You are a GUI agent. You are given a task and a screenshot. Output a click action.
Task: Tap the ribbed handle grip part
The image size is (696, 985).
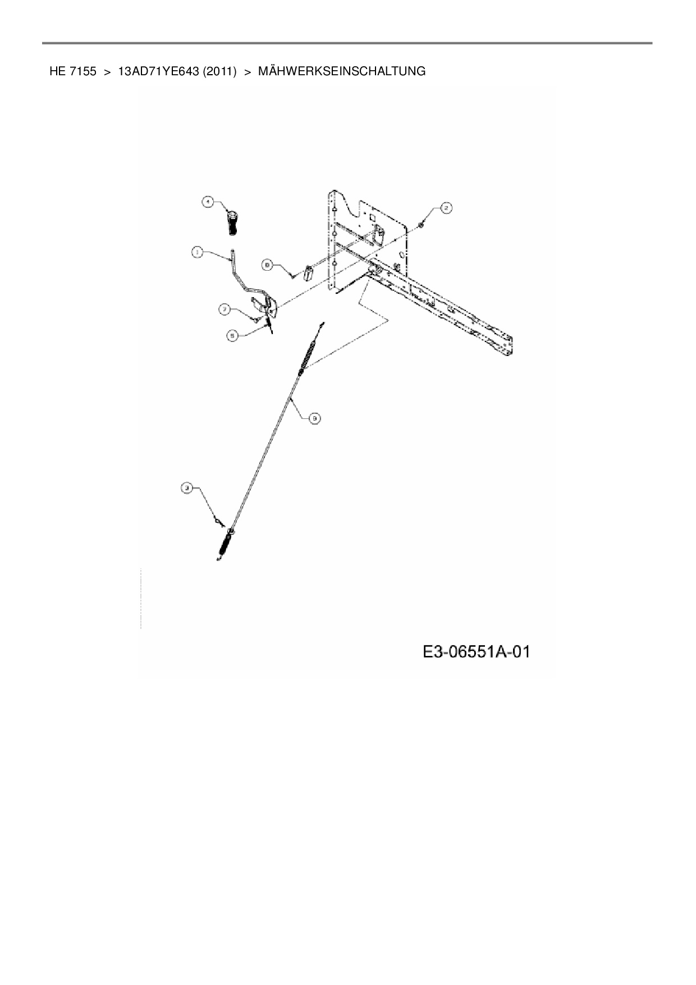click(x=232, y=224)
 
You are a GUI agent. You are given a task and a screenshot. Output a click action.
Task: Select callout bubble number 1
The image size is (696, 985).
click(x=196, y=253)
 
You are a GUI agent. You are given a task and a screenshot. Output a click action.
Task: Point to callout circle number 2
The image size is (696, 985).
click(x=446, y=208)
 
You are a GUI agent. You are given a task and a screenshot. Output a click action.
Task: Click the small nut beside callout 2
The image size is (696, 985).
click(x=420, y=226)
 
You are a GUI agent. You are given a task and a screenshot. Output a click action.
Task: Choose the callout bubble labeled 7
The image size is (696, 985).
click(x=225, y=308)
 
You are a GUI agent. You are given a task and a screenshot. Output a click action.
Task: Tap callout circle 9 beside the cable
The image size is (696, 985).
click(x=315, y=417)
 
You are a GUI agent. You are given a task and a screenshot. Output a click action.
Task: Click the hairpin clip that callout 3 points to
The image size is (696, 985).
click(x=218, y=522)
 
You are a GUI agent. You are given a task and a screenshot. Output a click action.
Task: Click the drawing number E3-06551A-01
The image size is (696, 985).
click(x=477, y=652)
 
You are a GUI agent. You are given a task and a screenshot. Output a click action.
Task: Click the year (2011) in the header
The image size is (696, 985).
click(x=217, y=71)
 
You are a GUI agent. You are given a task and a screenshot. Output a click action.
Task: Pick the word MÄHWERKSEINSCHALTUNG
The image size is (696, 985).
click(x=341, y=71)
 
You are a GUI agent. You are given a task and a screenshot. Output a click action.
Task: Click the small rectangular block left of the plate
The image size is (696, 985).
click(x=308, y=273)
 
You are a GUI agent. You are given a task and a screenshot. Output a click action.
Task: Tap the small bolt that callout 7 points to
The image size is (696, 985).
click(x=255, y=320)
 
